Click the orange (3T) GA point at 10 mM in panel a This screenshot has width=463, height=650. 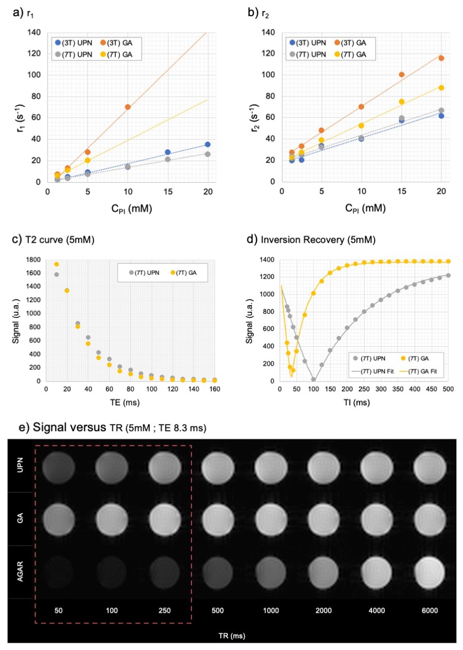127,107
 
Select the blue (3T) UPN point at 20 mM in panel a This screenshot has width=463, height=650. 208,145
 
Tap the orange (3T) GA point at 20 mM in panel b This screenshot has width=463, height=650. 441,58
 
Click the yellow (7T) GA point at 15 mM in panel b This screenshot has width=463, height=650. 402,102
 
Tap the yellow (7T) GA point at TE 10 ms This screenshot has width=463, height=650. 56,264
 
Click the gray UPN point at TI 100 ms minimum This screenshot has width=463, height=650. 313,379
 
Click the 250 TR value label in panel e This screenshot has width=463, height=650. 163,611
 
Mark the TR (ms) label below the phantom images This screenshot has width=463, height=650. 231,635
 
